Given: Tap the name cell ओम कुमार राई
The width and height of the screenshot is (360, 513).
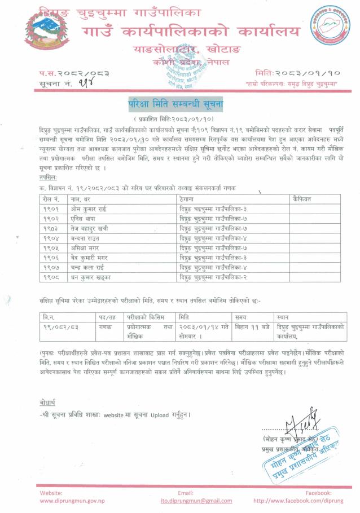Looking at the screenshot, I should click(90, 208).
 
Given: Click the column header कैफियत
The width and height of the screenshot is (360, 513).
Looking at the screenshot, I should click(303, 199).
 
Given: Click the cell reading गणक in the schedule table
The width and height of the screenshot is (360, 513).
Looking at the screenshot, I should click(106, 327).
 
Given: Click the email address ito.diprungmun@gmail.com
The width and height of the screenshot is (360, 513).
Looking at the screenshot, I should click(188, 501).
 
